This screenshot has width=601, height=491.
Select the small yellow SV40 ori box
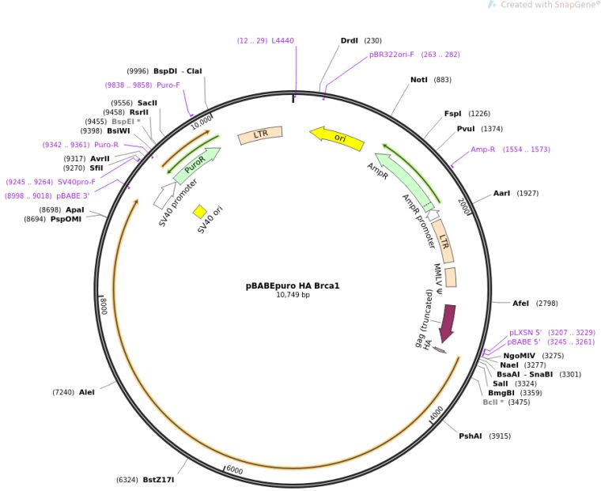point(200,211)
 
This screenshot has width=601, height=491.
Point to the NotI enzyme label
point(419,80)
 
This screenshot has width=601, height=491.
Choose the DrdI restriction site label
point(349,40)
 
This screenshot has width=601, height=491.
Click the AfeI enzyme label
point(520,303)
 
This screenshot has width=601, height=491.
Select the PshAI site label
point(471,436)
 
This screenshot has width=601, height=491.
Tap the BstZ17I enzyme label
point(158,479)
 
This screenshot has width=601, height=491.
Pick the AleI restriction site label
point(86,392)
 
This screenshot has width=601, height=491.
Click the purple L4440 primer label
point(282,40)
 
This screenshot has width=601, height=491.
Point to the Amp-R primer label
point(482,149)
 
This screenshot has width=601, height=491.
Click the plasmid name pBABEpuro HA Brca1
point(292,285)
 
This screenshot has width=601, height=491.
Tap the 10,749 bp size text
point(293,295)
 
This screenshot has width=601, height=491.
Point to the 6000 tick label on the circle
point(233,470)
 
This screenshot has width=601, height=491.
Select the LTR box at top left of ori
point(260,135)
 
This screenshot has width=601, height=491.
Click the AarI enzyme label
point(502,193)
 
